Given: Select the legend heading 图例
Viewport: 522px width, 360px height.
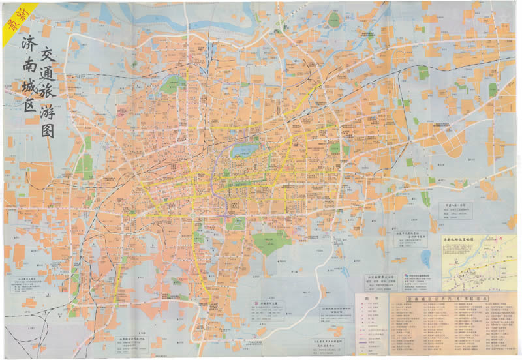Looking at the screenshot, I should point(371,302).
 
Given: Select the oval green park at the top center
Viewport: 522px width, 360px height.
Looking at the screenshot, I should point(174,83).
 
